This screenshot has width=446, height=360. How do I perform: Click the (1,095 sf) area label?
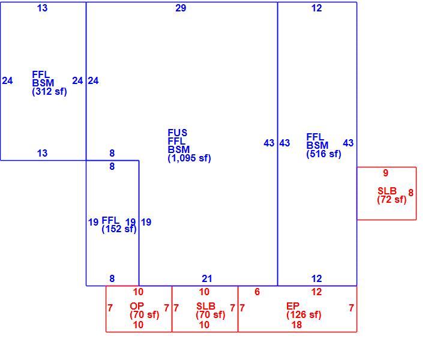(x=190, y=158)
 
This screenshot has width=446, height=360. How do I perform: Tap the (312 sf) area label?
(x=49, y=92)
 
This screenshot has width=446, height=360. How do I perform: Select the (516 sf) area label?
(x=324, y=154)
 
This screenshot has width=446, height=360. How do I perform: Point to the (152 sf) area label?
(x=119, y=229)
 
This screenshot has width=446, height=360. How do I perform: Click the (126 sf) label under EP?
(x=304, y=315)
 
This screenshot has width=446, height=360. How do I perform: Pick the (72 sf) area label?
(x=391, y=200)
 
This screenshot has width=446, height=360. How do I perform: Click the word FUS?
(x=178, y=133)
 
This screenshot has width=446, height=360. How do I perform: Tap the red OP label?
(x=137, y=306)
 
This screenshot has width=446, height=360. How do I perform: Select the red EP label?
(x=293, y=306)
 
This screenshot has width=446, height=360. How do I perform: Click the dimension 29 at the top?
(x=181, y=8)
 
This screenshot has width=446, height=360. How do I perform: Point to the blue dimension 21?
(x=206, y=278)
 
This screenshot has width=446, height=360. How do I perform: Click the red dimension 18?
(x=297, y=325)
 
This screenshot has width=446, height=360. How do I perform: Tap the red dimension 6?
(x=257, y=292)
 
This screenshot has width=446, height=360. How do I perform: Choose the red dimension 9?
(x=385, y=173)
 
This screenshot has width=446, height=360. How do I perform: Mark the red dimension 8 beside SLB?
(x=411, y=193)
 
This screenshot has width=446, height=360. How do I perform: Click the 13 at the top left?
(x=42, y=8)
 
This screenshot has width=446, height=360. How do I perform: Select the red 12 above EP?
(x=316, y=292)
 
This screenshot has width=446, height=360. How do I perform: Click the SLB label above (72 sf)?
(x=387, y=191)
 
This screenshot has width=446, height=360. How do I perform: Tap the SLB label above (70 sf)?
(x=206, y=306)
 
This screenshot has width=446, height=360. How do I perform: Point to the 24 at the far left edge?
(x=7, y=81)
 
